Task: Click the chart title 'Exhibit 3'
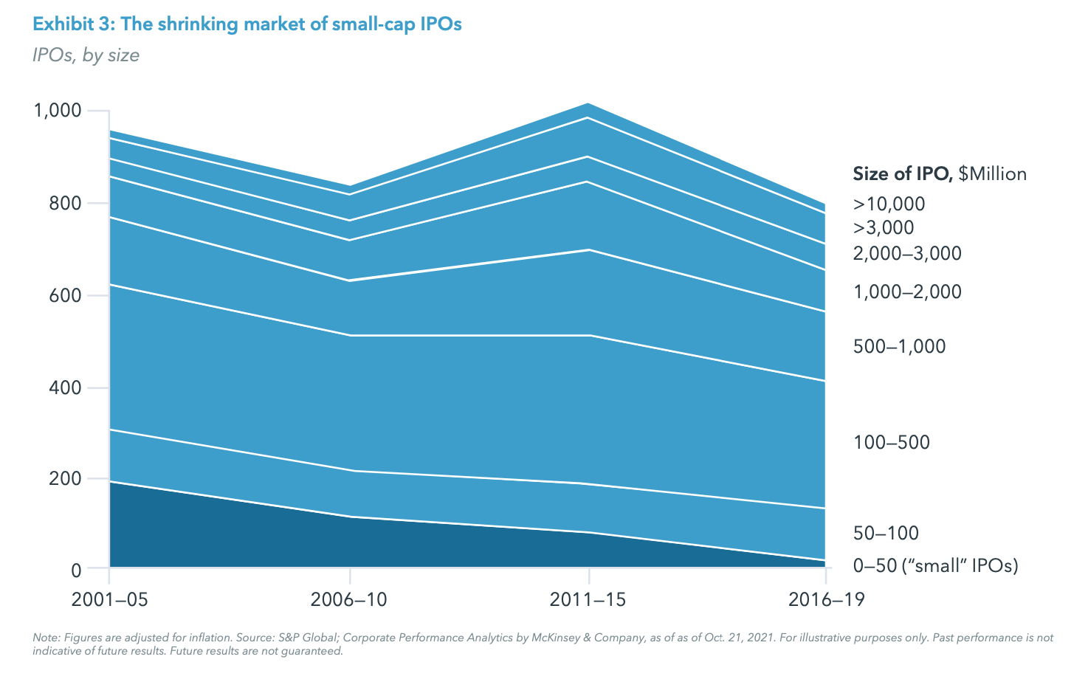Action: [x=247, y=24]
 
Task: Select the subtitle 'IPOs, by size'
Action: [x=86, y=55]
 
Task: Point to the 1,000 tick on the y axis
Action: [x=57, y=111]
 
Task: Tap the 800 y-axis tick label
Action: [x=65, y=203]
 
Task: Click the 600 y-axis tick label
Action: [x=65, y=295]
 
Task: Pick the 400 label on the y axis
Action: [x=65, y=387]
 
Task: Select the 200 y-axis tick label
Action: [x=65, y=478]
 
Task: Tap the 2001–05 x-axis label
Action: [x=109, y=599]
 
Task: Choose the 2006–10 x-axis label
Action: [x=349, y=599]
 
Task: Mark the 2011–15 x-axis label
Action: [x=588, y=599]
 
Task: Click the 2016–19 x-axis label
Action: [x=825, y=599]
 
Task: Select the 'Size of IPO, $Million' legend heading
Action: [x=940, y=174]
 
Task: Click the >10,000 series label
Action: [x=889, y=204]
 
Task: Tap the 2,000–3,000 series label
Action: [x=907, y=254]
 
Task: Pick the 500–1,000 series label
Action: [x=899, y=346]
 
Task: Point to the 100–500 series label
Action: [x=891, y=442]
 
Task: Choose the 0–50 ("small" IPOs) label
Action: [x=935, y=566]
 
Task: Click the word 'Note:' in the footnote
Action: [x=47, y=637]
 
